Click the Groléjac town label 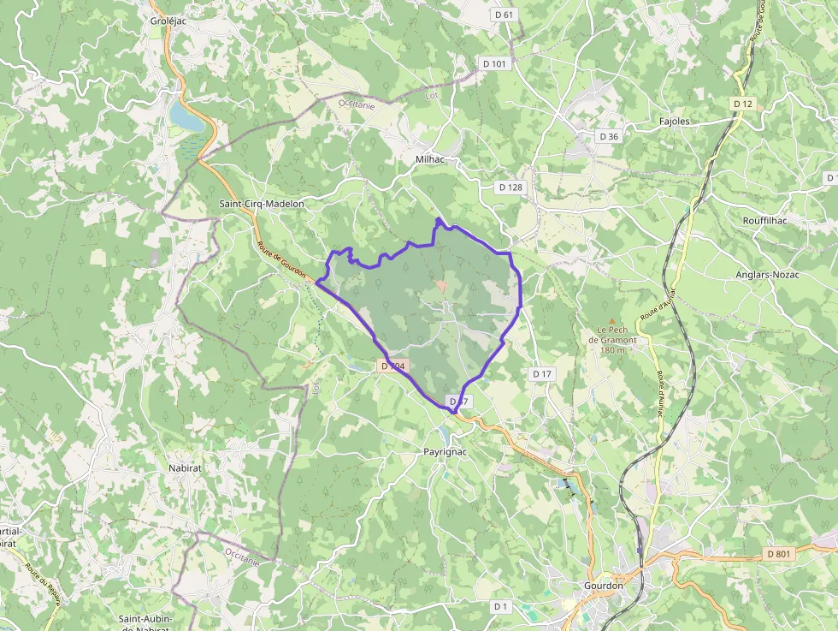coord(168,21)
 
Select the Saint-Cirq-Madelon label coord(262,204)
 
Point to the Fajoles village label coord(675,122)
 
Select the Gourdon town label coord(604,586)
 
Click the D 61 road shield coord(505,15)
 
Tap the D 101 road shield coord(494,63)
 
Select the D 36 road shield coord(609,136)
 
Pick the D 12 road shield coord(743,104)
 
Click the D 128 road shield coord(510,187)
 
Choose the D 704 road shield coord(393,366)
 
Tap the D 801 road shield coord(779,554)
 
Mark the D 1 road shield coord(500,606)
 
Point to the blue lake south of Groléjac coord(187,116)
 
